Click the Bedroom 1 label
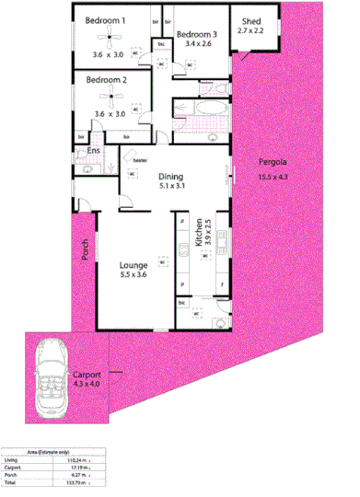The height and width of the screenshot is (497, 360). [x=106, y=19]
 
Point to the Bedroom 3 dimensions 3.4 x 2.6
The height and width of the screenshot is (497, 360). [x=198, y=43]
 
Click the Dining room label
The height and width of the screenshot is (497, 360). [x=171, y=177]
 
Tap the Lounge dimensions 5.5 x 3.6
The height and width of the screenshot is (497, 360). [x=134, y=273]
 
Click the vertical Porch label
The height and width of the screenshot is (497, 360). [x=84, y=248]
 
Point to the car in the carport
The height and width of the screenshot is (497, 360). [x=51, y=376]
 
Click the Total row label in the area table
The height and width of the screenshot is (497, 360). [x=10, y=480]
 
